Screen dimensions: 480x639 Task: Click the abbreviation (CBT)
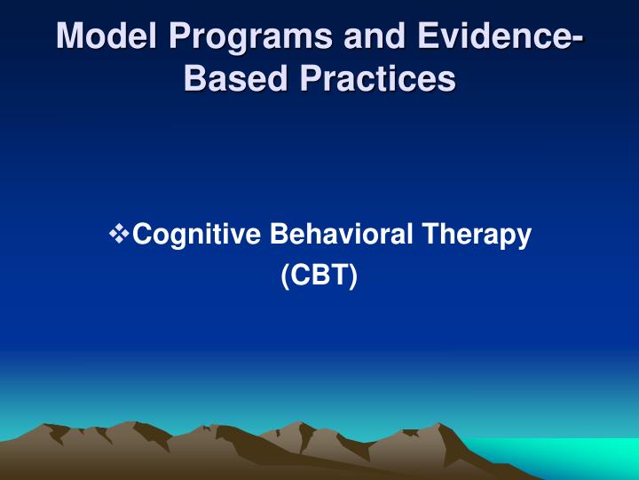click(319, 276)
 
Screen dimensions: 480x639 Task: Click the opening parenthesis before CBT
click(285, 276)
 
